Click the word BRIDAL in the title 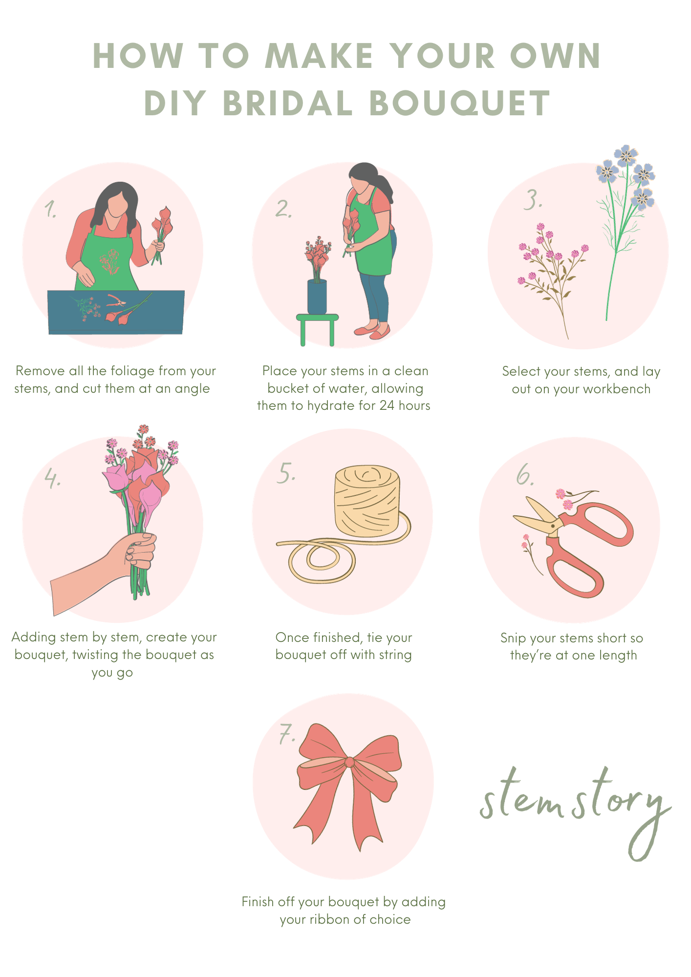click(x=287, y=103)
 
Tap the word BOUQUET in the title click(x=460, y=103)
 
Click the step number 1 click(x=50, y=209)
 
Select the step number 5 click(x=286, y=473)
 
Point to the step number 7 click(x=287, y=734)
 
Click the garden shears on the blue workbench click(x=116, y=300)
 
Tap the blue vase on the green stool click(x=317, y=297)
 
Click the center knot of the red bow click(x=350, y=762)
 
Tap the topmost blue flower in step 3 click(x=626, y=155)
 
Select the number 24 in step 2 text click(x=387, y=405)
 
